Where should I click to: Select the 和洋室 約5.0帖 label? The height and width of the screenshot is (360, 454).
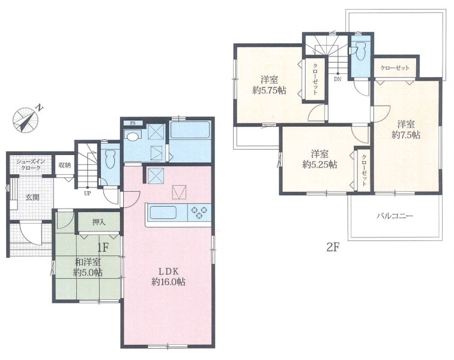[88, 267]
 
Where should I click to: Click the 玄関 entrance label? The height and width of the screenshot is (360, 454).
[32, 197]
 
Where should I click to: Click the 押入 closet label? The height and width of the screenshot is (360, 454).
[98, 222]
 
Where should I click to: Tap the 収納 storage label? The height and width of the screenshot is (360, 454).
[65, 165]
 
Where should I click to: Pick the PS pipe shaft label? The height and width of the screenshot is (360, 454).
[133, 123]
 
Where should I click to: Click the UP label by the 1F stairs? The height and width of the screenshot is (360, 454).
[87, 194]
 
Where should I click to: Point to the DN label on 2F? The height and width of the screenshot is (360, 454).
[337, 79]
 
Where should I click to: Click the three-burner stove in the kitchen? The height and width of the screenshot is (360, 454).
[199, 213]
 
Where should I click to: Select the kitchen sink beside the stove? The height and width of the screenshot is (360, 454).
[163, 213]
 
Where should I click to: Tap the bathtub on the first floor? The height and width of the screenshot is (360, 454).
[190, 130]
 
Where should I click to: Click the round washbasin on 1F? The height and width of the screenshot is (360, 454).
[133, 136]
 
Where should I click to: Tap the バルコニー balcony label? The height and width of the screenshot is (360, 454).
[395, 216]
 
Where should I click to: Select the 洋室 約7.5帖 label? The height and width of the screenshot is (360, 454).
[405, 130]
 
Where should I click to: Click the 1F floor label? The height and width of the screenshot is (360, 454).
[103, 247]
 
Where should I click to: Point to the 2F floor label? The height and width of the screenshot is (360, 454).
[333, 247]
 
